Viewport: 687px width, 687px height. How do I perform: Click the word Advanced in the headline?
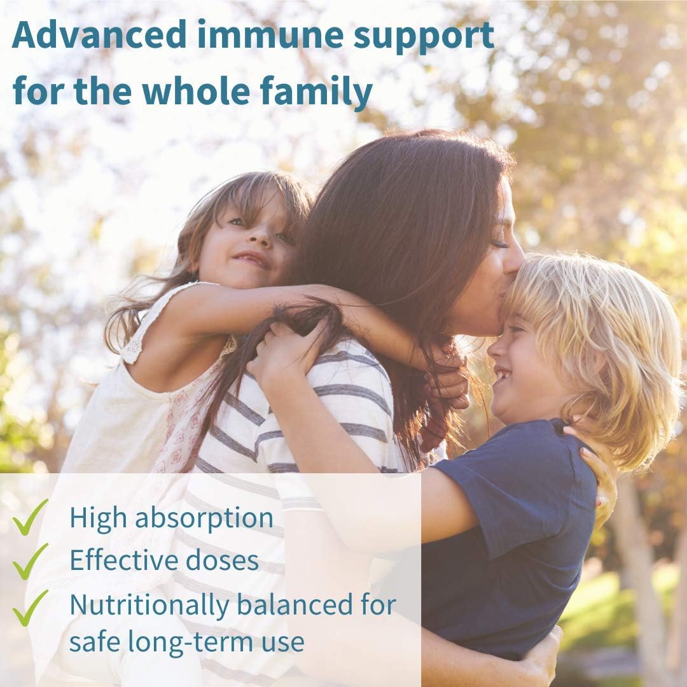[100, 34]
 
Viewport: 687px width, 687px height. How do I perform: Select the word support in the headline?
[424, 38]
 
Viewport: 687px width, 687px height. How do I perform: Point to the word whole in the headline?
[195, 90]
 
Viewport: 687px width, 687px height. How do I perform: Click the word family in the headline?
[316, 92]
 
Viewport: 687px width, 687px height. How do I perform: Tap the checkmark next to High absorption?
[30, 517]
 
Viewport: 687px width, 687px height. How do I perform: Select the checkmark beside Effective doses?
[30, 562]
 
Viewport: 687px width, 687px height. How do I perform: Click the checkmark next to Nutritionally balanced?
[30, 608]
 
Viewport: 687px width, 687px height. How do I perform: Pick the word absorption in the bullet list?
[204, 519]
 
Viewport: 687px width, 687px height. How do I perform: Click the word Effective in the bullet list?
[124, 560]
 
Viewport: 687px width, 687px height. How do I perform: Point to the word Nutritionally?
[149, 606]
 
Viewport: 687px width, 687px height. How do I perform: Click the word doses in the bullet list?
[222, 560]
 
